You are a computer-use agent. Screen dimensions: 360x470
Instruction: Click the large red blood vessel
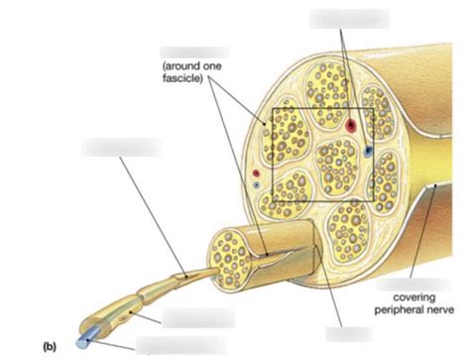[x=351, y=126]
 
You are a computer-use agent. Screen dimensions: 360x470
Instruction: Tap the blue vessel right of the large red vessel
[x=368, y=151]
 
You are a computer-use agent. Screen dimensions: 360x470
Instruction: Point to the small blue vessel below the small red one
[x=256, y=184]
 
